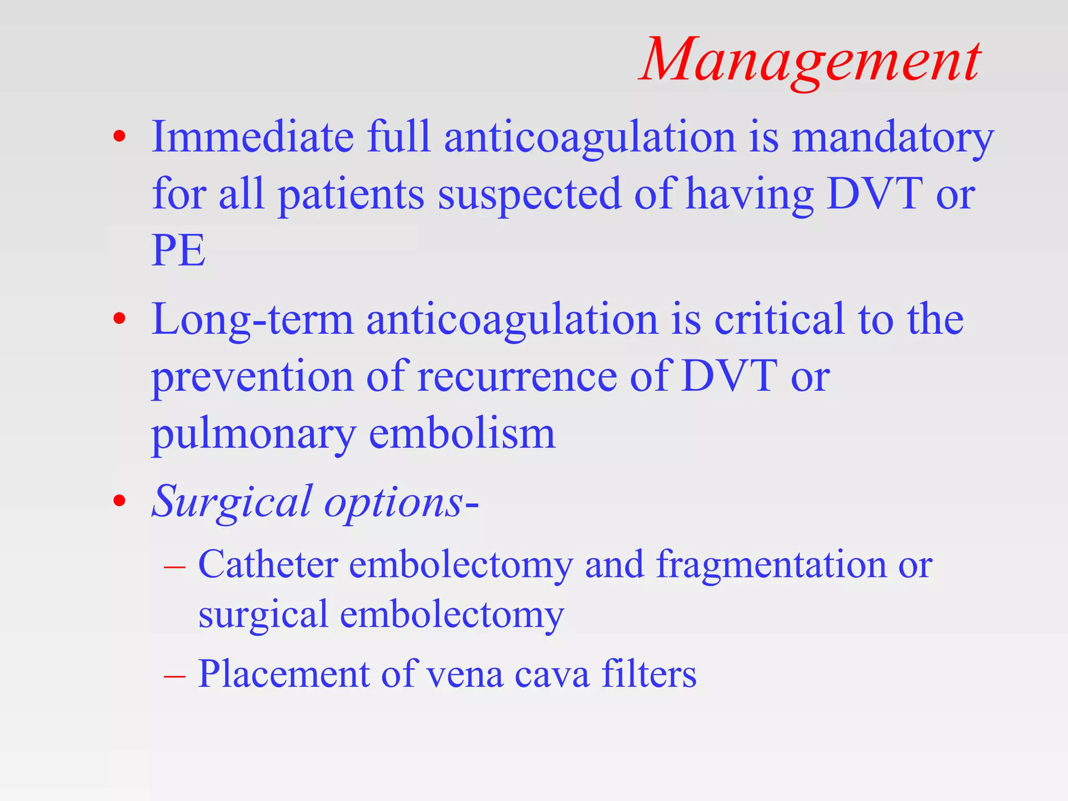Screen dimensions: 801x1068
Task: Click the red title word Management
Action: point(811,62)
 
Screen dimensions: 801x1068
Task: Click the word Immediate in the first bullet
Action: point(252,137)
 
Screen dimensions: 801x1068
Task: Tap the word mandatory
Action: point(892,138)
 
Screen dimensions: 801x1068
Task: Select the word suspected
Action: point(529,194)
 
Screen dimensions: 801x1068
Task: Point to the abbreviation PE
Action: point(178,250)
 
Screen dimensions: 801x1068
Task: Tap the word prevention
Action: point(252,378)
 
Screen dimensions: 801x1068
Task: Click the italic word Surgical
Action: point(232,502)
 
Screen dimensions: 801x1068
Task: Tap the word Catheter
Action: point(268,564)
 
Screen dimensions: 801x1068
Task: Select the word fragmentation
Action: point(771,565)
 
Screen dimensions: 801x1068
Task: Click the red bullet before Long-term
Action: point(119,318)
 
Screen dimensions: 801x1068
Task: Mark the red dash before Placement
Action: point(174,676)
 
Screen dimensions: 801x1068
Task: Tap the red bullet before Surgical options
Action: point(119,501)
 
